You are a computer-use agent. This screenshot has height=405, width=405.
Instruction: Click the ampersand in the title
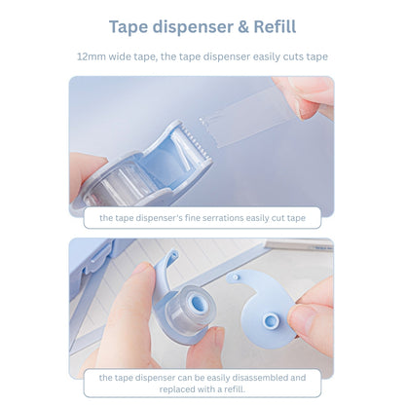click(243, 27)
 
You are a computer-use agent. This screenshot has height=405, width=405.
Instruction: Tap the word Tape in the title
click(129, 27)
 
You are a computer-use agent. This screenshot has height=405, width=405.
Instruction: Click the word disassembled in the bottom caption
click(254, 378)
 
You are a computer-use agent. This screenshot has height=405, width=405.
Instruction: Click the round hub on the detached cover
click(270, 321)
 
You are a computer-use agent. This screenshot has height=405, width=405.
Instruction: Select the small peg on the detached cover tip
click(236, 276)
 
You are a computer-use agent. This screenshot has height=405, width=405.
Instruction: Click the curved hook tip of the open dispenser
click(172, 255)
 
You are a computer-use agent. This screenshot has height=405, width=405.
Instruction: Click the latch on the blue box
click(100, 256)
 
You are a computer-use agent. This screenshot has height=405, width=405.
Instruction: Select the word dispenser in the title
click(193, 27)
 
